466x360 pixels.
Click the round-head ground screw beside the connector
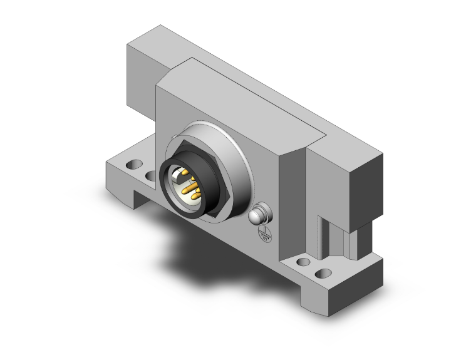pos(259,215)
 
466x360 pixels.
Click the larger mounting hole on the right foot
pos(323,274)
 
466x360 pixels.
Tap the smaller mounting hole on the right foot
pos(303,262)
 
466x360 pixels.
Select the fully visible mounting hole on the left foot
pos(133,166)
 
